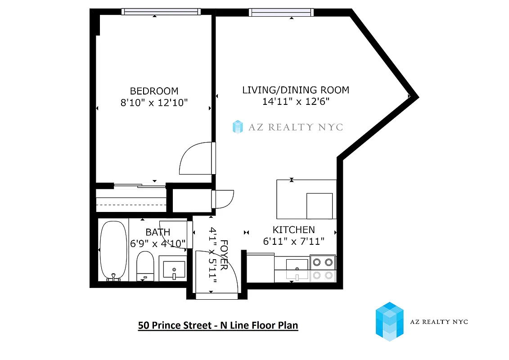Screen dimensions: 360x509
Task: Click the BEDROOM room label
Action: pos(154,91)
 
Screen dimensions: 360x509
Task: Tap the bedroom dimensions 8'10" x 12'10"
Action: pos(154,103)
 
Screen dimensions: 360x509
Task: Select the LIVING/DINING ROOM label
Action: pos(296,90)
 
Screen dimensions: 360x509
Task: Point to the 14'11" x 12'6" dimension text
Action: pos(296,102)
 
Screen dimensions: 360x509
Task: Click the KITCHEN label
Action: pos(293,229)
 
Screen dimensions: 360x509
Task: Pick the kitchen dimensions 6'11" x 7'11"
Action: pos(293,242)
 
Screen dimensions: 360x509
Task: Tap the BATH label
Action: pos(158,232)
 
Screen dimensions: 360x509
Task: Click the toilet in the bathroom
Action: pos(145,265)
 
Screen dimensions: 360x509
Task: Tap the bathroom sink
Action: pos(173,270)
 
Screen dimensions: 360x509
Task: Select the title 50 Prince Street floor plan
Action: pos(218,325)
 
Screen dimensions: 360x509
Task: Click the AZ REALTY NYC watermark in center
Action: pos(288,127)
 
